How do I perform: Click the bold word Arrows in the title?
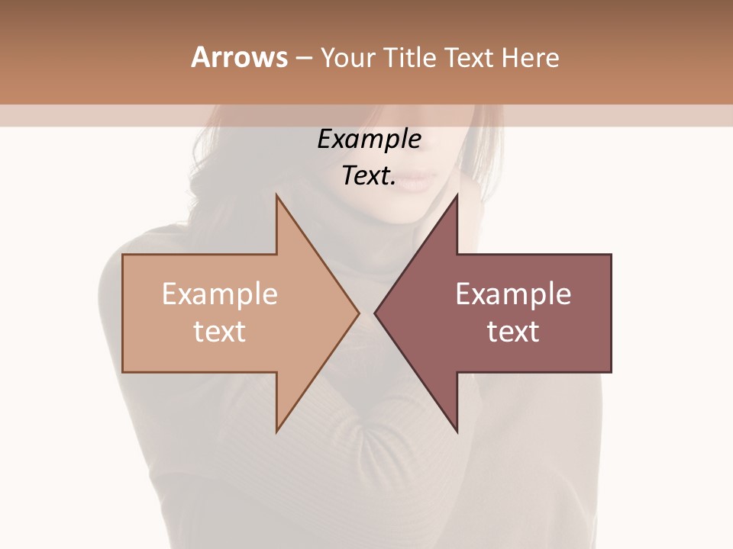click(x=240, y=57)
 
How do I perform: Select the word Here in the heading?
click(x=531, y=58)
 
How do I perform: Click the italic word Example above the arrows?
click(x=369, y=140)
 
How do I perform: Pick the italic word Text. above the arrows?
click(x=369, y=176)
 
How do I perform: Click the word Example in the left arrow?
click(x=220, y=294)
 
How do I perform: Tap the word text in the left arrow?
click(x=220, y=332)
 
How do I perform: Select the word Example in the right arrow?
click(x=513, y=294)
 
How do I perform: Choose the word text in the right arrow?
click(x=513, y=332)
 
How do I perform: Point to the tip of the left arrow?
click(x=358, y=313)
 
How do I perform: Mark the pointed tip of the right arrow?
click(x=376, y=313)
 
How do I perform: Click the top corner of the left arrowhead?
click(x=277, y=196)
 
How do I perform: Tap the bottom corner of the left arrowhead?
click(x=277, y=431)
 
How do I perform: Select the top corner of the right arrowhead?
click(x=457, y=196)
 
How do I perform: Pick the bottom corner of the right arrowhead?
click(x=457, y=431)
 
